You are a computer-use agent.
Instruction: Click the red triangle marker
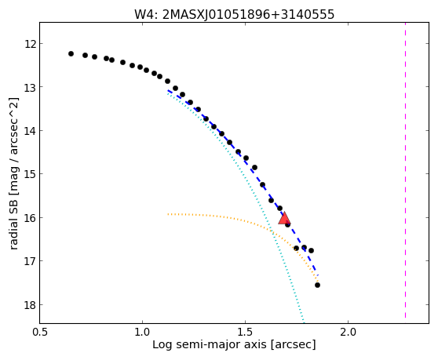coord(284,219)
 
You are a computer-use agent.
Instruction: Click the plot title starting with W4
coord(234,15)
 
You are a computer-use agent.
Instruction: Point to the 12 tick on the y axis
coord(30,44)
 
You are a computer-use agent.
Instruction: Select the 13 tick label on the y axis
coord(30,87)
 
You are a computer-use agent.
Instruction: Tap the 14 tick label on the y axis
coord(30,131)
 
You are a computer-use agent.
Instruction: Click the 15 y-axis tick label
coord(30,174)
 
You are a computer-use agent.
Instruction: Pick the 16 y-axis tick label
coord(30,218)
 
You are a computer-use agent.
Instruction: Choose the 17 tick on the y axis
coord(30,261)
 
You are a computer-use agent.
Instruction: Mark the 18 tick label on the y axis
coord(30,305)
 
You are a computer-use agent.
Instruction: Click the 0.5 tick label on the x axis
coord(40,333)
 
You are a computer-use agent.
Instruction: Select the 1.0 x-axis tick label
coord(142,333)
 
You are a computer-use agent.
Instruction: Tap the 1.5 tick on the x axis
coord(245,333)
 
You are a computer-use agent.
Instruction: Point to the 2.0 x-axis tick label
coord(348,333)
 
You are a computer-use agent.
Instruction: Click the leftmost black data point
coord(71,53)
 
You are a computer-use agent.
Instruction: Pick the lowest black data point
coord(317,285)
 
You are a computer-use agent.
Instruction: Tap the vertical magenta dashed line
coord(405,170)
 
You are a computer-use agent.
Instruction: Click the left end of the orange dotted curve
coord(168,214)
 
